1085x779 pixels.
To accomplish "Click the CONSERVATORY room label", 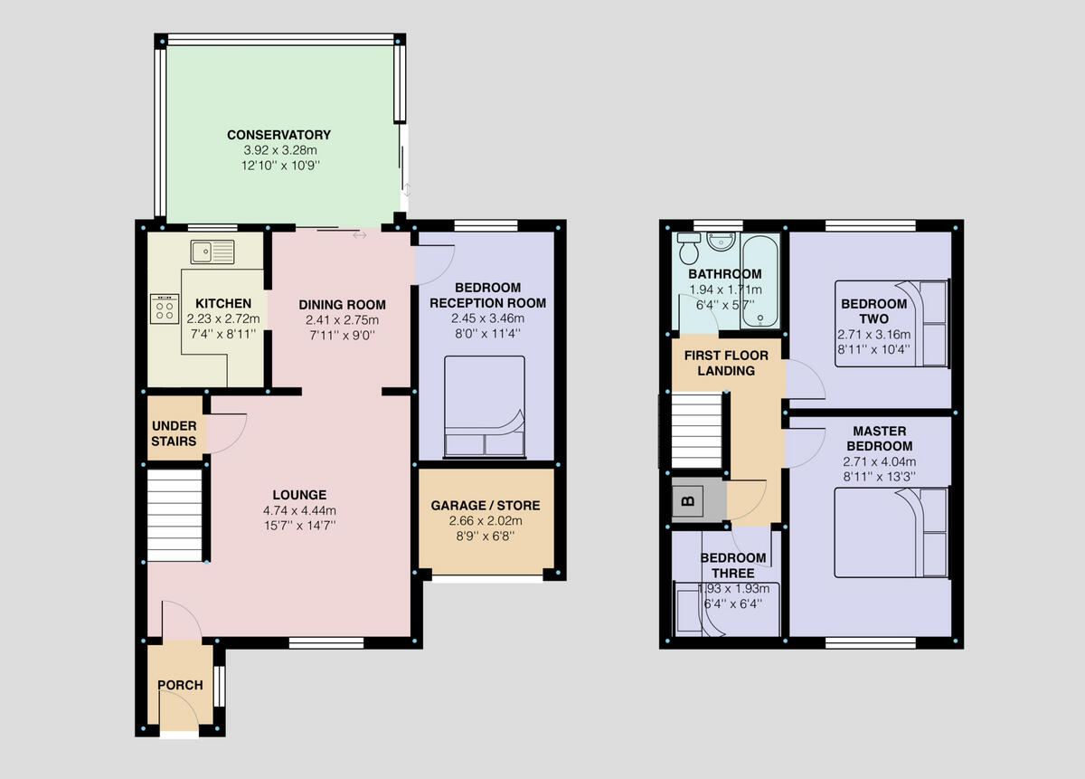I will [278, 135].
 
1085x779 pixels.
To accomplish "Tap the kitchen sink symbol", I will [212, 251].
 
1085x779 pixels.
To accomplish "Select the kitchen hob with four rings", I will [164, 309].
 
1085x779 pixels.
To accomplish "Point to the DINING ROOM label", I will [343, 305].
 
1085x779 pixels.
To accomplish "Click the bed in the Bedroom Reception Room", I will [484, 406].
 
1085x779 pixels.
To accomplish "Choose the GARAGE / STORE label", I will [485, 505].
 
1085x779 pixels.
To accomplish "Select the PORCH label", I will [180, 685].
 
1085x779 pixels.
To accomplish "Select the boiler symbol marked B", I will [686, 499].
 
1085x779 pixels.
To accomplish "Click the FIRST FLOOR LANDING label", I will [719, 362].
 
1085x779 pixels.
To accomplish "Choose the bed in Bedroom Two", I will [892, 324].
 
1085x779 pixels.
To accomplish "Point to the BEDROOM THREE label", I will [732, 565].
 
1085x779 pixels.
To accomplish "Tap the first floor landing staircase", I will [697, 430].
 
